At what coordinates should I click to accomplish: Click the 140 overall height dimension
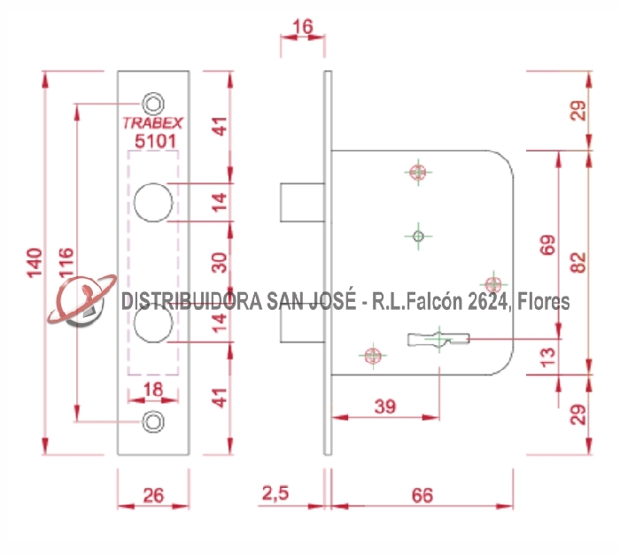[x=35, y=264]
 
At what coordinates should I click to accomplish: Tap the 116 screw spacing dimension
[x=67, y=264]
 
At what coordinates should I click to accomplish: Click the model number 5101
[x=154, y=140]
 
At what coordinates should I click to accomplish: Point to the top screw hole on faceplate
[x=155, y=102]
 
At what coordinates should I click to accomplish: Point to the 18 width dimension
[x=153, y=389]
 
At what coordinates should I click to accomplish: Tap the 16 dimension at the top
[x=302, y=27]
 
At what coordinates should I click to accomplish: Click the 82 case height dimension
[x=577, y=262]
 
